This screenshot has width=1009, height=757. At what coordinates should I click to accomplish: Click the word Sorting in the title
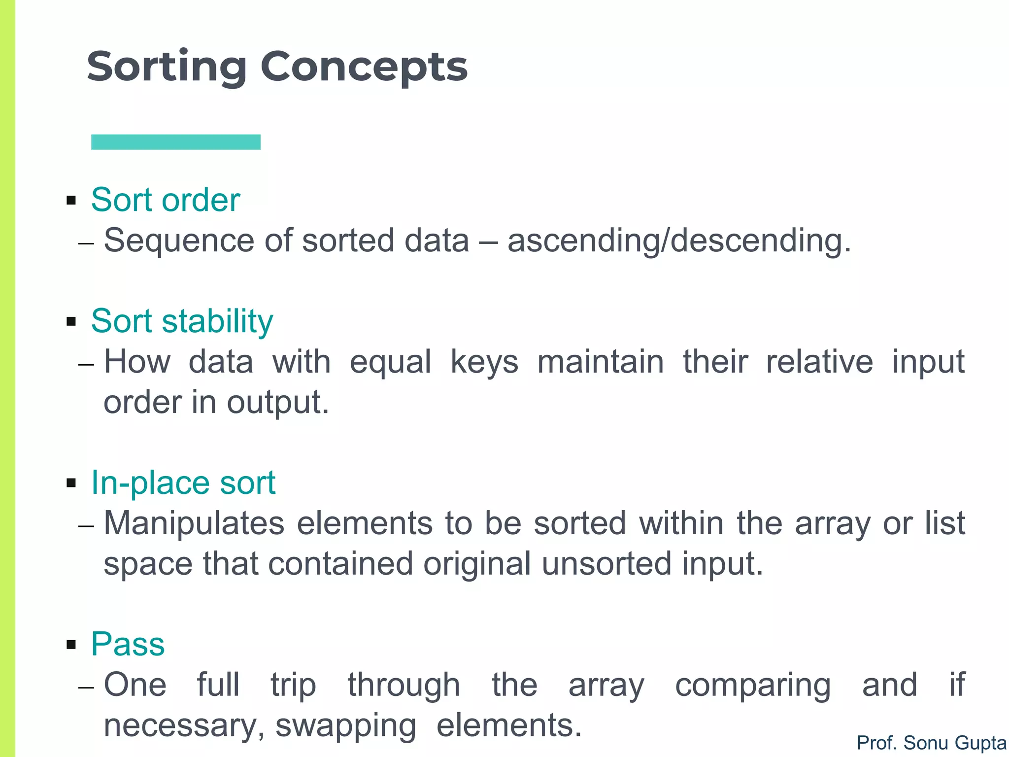coord(167,67)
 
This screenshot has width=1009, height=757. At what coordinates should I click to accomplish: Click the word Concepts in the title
coord(364,67)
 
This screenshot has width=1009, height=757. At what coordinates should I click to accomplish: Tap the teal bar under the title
coord(176,142)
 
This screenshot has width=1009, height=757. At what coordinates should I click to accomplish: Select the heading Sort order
coord(166,200)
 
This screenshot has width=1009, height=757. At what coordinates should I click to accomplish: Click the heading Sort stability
coord(182,321)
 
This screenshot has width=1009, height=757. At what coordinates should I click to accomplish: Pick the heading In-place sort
coord(183,482)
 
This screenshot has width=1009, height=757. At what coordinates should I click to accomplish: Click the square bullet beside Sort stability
coord(71,322)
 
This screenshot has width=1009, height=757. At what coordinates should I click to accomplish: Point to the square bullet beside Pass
coord(71,644)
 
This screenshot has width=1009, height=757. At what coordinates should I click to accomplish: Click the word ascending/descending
coord(679,241)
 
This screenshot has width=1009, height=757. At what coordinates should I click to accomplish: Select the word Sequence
coord(179,241)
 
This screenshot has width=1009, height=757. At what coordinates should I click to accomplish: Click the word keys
coord(484,362)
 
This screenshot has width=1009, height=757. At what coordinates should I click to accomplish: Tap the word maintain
coord(600,362)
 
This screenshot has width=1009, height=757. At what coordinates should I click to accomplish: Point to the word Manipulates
coord(194,523)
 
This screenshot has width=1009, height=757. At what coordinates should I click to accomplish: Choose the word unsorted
coord(606,564)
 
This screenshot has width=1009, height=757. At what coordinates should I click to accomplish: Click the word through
coord(404,685)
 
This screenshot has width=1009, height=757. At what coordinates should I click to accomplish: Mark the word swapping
coord(346,725)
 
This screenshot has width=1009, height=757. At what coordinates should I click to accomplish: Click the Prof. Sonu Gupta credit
coord(931,743)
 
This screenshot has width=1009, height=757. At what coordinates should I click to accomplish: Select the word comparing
coord(753,685)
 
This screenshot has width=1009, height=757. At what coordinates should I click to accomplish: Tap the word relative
coord(819,362)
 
